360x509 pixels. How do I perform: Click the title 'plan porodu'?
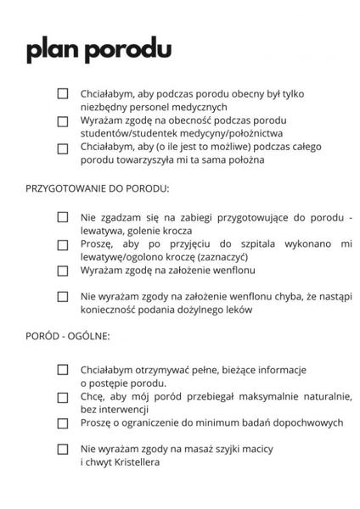[x=98, y=50]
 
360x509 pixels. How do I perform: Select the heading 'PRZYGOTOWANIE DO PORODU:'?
[x=98, y=187]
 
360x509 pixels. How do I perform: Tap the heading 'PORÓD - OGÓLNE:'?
[x=68, y=336]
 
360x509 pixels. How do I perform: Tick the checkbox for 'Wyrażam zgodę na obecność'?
[x=63, y=120]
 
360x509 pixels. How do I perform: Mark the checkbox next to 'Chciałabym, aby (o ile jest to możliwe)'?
[x=63, y=148]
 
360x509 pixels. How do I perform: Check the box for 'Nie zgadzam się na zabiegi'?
[x=63, y=216]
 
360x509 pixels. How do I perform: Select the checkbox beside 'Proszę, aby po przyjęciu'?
[x=63, y=244]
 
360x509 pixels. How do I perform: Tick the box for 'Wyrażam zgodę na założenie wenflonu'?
[x=63, y=271]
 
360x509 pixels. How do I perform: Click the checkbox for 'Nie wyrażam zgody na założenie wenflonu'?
[x=63, y=297]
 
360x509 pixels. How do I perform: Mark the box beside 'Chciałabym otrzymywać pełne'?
[x=63, y=369]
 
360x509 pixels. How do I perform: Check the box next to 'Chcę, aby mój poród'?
[x=63, y=395]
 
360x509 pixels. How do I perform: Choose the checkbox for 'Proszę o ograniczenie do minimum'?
[x=63, y=422]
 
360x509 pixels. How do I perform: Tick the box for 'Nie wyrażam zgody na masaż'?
[x=63, y=449]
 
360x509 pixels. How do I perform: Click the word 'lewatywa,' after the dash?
[x=106, y=230]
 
